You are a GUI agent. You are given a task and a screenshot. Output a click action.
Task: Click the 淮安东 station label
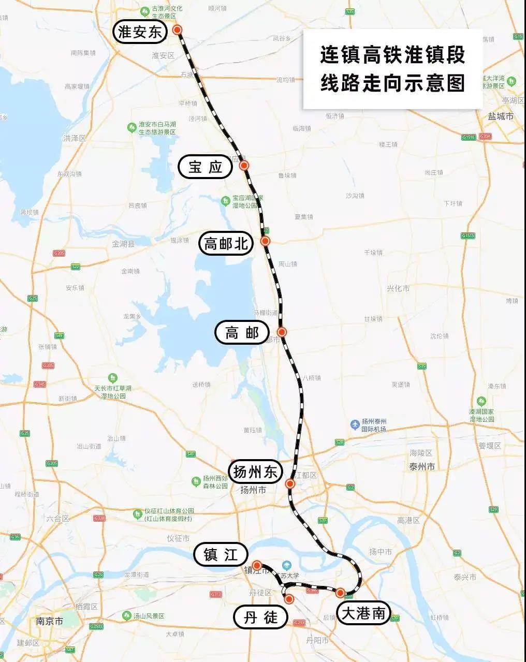pos(140,33)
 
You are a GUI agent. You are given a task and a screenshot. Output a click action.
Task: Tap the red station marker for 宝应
pos(244,166)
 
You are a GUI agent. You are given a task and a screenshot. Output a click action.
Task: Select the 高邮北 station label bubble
pos(226,243)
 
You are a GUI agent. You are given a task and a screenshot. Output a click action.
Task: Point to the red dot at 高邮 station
pos(282,332)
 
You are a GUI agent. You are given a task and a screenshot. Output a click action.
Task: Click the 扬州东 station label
pos(256,472)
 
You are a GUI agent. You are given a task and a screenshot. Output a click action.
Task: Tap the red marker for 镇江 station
pos(256,565)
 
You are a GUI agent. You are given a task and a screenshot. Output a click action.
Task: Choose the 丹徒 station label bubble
pos(260,617)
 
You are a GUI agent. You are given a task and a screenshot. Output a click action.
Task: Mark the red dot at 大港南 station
pos(340,593)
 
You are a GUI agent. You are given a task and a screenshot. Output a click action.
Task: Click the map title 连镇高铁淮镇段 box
pos(392,69)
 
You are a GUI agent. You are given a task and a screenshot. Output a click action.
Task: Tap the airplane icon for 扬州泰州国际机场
pos(355,424)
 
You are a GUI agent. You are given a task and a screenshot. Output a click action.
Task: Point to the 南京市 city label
pos(50,621)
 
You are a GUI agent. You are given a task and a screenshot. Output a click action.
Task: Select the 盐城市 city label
pos(501,116)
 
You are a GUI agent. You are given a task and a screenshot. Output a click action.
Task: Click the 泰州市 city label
pos(422,466)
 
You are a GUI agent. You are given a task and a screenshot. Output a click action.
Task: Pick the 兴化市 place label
pos(398,288)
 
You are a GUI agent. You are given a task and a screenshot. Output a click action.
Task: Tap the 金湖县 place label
pos(123,244)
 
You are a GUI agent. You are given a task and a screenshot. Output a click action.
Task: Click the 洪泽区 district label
pos(75,138)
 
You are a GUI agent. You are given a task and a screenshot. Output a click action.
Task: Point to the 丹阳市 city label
pos(317,640)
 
